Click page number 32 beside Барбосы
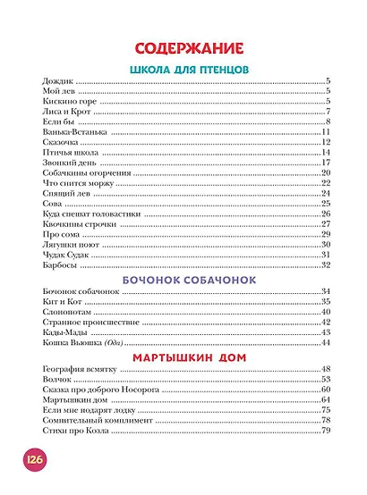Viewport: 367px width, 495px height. click(327, 264)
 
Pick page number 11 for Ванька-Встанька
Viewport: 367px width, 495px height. click(327, 131)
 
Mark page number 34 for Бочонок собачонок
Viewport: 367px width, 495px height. click(327, 292)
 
